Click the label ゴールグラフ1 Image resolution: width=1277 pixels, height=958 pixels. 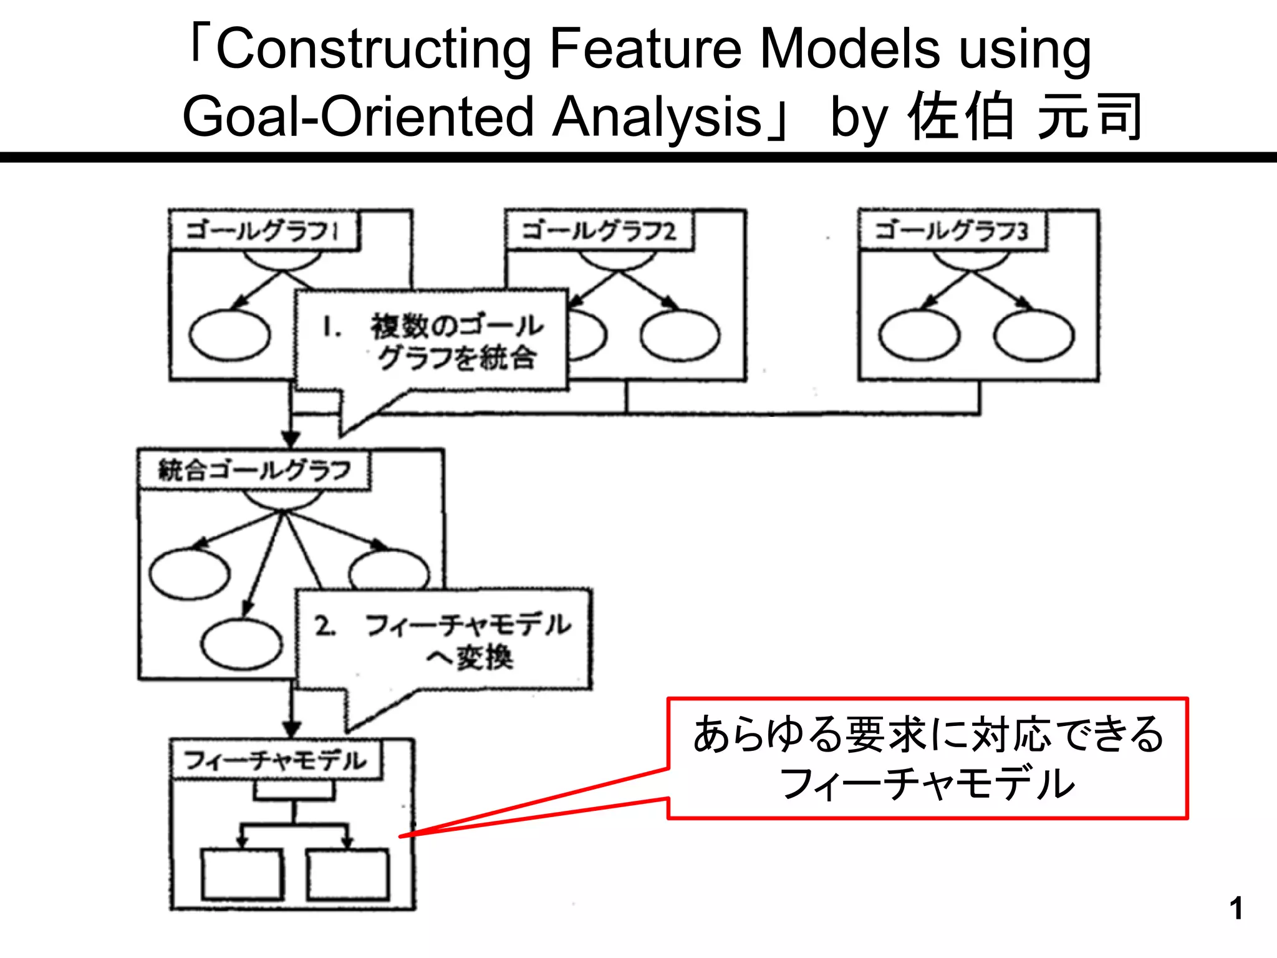[263, 231]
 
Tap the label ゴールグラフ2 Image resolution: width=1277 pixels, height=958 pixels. [599, 231]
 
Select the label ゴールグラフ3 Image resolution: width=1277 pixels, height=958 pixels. [952, 231]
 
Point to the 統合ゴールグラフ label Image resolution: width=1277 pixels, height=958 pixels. [254, 470]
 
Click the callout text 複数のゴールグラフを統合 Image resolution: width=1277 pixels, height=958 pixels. [457, 342]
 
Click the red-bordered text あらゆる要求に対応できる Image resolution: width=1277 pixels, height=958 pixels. [927, 735]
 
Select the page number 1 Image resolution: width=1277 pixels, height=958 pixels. [1236, 909]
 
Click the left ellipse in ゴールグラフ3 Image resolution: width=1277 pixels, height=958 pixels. [919, 336]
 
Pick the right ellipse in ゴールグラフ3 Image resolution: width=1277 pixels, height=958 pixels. [1034, 336]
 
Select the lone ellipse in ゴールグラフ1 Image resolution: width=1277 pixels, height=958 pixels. [229, 336]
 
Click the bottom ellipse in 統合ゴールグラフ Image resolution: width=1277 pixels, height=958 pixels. [242, 643]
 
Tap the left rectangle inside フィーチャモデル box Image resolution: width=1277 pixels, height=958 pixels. [242, 874]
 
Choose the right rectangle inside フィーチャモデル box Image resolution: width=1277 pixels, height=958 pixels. [348, 874]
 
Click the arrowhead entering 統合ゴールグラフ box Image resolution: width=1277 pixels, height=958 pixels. [291, 438]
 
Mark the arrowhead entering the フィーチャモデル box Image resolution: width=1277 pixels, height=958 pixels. [292, 729]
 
